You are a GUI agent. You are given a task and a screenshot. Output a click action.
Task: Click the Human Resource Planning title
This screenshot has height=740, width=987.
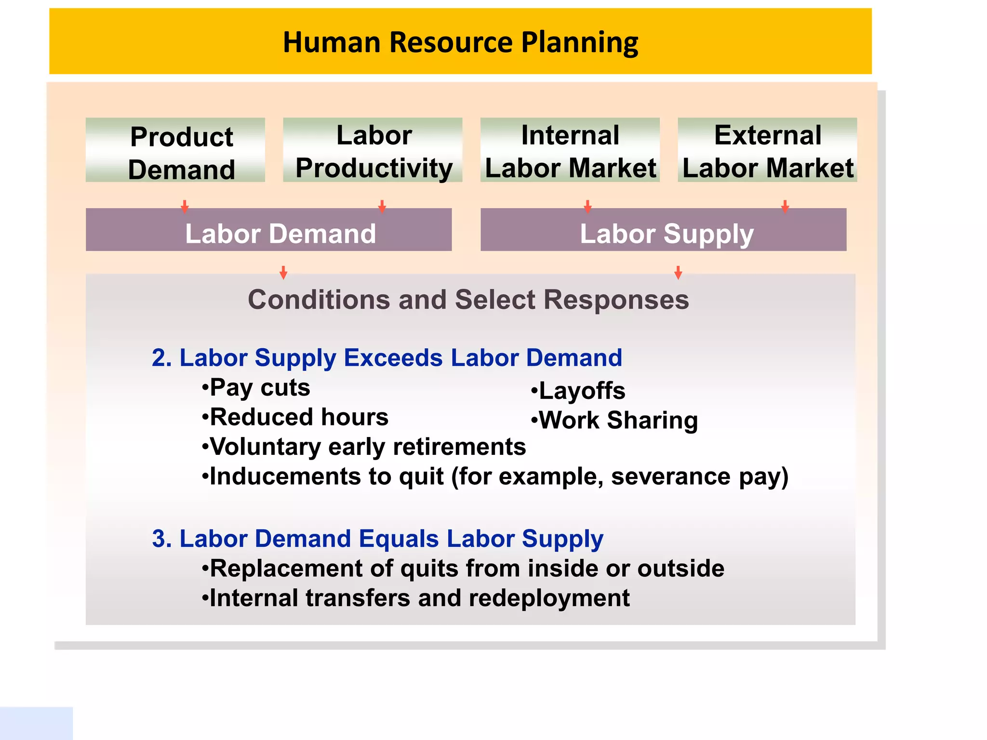click(460, 42)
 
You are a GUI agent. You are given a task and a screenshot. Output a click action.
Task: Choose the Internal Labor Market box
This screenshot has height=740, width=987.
click(570, 150)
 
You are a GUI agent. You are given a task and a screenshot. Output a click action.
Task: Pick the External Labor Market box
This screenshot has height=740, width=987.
click(767, 150)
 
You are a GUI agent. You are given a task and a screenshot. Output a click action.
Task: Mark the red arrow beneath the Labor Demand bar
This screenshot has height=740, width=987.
click(283, 273)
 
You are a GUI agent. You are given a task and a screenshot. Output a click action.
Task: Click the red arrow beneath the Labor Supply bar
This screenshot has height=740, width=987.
click(678, 273)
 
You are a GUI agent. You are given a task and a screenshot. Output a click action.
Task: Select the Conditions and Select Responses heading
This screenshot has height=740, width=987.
click(468, 300)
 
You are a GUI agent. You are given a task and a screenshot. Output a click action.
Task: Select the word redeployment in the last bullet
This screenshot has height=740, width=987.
click(549, 598)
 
